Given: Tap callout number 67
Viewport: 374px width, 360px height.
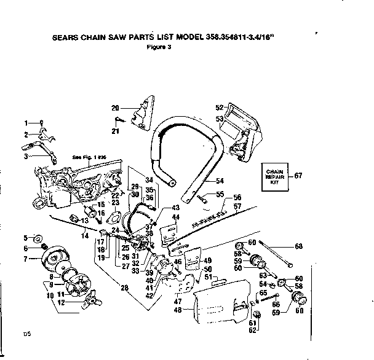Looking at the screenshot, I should coord(298,176).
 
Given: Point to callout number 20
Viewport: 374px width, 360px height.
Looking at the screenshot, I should coord(114,108).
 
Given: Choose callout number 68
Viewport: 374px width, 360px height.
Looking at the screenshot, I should coord(299,247).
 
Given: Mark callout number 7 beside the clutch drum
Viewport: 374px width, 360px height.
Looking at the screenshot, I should coord(26,259).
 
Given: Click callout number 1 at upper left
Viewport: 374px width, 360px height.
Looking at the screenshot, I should coord(26,122).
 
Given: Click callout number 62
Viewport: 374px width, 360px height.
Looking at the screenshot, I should coord(252,330).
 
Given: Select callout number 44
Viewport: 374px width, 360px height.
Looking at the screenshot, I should coord(176,217).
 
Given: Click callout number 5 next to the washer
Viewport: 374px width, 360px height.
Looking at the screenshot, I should coord(26,237).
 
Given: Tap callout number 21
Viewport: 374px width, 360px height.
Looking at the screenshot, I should coord(114,131).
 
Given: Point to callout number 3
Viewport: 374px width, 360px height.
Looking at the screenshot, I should coord(26,157).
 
